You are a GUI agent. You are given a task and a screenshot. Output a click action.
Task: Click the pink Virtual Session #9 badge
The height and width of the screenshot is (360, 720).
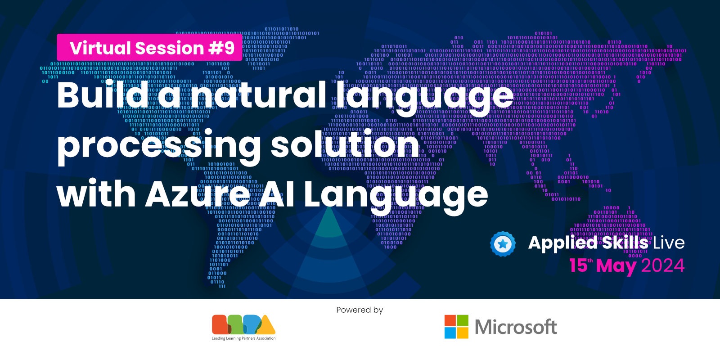coord(149,47)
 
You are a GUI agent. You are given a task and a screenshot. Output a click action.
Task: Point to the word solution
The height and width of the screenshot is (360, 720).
coord(345,145)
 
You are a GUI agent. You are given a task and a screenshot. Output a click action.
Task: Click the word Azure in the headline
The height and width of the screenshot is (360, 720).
coord(198,194)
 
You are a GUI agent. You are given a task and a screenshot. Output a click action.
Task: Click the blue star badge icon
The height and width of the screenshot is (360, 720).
coord(503,244)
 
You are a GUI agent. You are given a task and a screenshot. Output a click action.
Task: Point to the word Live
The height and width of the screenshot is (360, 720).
coord(669,243)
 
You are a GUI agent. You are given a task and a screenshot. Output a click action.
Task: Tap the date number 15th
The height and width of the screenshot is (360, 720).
coord(580,265)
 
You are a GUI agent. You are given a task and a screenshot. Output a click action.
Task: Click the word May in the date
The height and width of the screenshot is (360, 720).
coord(616,266)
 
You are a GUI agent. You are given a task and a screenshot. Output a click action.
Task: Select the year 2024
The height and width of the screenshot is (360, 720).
coord(662,265)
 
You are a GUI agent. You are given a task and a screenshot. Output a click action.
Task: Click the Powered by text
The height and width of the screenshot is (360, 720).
coord(360,310)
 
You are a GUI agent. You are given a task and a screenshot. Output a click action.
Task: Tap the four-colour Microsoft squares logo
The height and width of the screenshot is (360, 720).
coord(456,327)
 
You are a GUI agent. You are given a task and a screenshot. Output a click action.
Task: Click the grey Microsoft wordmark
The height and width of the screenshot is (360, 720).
coord(516,327)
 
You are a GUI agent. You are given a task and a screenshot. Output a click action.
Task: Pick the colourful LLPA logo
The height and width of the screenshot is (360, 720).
coord(243,324)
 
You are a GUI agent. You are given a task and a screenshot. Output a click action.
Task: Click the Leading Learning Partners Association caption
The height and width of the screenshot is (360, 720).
coord(243,338)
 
